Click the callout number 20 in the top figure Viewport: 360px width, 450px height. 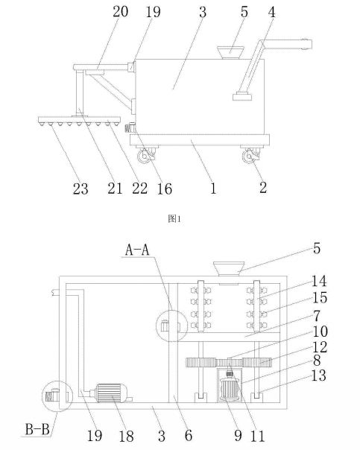tap(120, 12)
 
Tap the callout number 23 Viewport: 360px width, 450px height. tap(80, 188)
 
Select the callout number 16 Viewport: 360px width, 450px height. tap(165, 188)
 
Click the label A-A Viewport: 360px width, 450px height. tap(137, 250)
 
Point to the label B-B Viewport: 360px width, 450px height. tap(37, 430)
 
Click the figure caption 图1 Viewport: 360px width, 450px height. tap(174, 219)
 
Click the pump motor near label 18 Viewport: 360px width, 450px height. tap(111, 393)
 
